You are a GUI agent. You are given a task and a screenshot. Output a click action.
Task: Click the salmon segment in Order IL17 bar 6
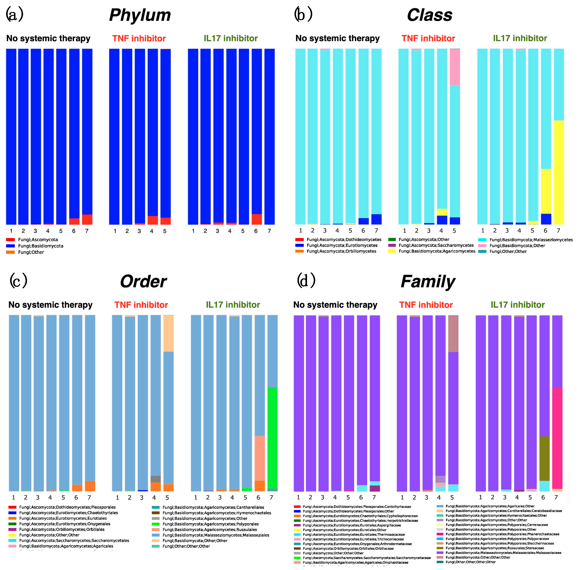[260, 458]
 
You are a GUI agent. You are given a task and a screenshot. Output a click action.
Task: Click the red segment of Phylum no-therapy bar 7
[87, 219]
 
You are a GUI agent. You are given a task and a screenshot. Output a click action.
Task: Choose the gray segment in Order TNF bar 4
[156, 479]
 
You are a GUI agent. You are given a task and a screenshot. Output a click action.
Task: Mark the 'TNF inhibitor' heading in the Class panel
[428, 38]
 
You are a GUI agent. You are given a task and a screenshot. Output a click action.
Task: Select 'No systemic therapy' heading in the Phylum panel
[48, 38]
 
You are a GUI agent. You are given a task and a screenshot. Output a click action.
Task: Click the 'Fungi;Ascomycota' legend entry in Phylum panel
[38, 239]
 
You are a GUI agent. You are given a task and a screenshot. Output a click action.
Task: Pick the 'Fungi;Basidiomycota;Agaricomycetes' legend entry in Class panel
[437, 251]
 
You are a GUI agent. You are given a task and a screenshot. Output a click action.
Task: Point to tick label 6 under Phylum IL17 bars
[256, 231]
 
